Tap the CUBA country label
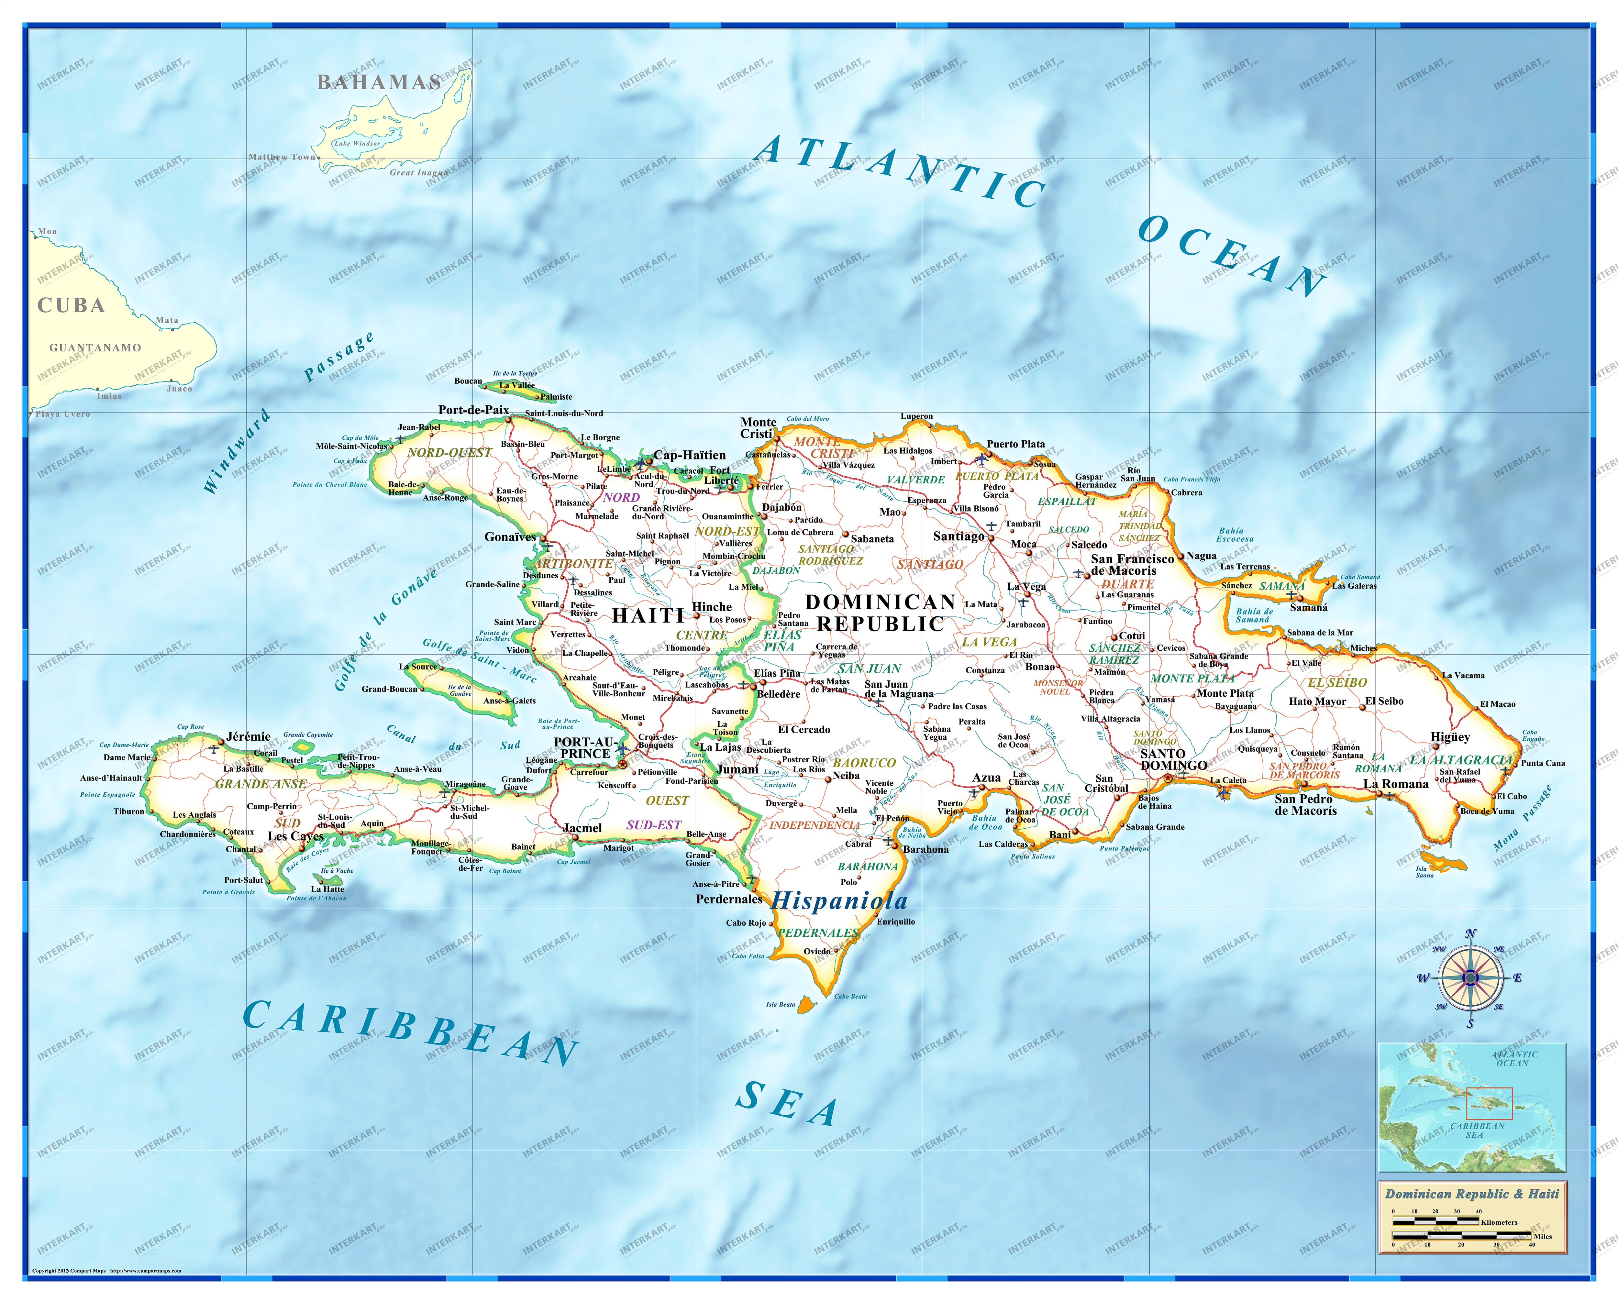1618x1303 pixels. click(71, 305)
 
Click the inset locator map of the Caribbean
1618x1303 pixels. click(1472, 1106)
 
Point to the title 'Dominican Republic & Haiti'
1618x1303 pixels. click(1472, 1193)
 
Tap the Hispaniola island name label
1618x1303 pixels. click(839, 901)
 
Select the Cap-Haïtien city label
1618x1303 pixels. click(690, 455)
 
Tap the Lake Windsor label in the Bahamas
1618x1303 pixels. click(357, 143)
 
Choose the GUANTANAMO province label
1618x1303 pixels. click(95, 348)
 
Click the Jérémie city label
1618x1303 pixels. click(249, 736)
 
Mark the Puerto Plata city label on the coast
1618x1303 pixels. click(1015, 444)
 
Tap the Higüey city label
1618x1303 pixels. click(1450, 737)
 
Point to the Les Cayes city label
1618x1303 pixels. click(296, 836)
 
